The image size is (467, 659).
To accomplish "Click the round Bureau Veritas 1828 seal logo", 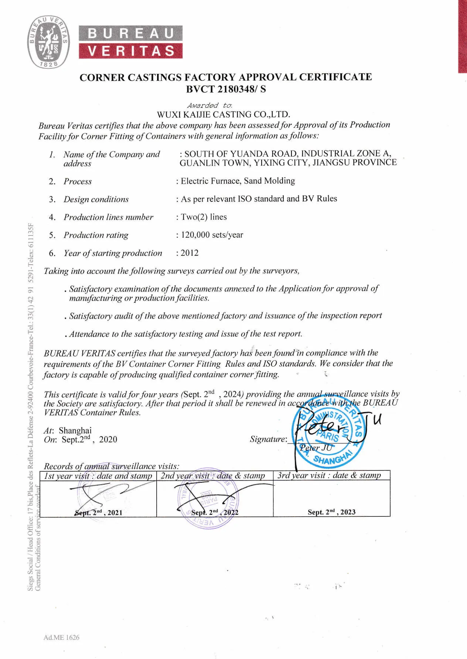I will pos(49,42).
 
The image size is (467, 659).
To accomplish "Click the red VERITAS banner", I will pos(130,51).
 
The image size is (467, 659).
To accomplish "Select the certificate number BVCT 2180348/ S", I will pos(226,89).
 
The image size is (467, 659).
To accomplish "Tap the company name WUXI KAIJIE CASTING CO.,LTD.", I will pos(223,115).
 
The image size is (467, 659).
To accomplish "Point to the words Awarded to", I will pos(209,105).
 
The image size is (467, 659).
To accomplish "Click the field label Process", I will pos(78,181).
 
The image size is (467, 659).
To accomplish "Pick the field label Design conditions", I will pos(96,200).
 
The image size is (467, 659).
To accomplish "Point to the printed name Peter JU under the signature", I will pos(316,448).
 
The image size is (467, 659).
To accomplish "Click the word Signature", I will pos(268,439).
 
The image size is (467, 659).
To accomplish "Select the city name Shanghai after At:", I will pos(75,431).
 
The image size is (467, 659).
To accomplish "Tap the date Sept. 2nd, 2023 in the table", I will pos(331,512).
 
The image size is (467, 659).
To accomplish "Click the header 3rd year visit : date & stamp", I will pos(329,475).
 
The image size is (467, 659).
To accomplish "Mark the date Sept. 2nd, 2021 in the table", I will pos(98,512).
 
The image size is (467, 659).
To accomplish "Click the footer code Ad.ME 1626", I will pos(61,637).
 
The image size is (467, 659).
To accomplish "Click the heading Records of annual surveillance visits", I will pos(112,466).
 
